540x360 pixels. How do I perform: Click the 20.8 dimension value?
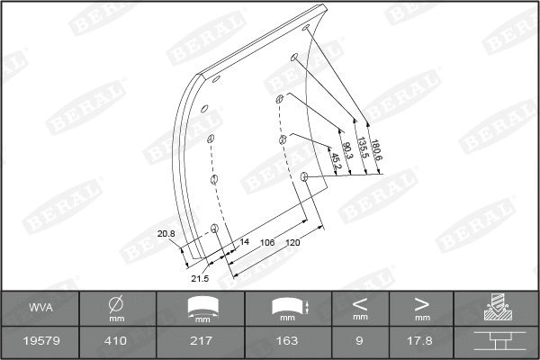click(x=166, y=234)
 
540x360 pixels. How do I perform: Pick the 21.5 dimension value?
click(x=199, y=278)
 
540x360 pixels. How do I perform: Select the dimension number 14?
click(x=244, y=241)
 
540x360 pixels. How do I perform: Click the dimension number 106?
click(x=267, y=241)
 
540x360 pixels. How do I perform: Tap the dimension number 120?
click(x=292, y=241)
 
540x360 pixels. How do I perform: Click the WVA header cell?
click(x=40, y=308)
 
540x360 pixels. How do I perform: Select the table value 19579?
click(x=40, y=341)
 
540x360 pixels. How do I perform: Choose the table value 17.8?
click(x=421, y=341)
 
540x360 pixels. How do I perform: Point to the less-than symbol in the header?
click(x=360, y=303)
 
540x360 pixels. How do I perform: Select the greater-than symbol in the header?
click(x=421, y=303)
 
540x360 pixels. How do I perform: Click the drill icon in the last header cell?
click(x=496, y=308)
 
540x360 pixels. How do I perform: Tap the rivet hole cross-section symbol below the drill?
click(x=496, y=341)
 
